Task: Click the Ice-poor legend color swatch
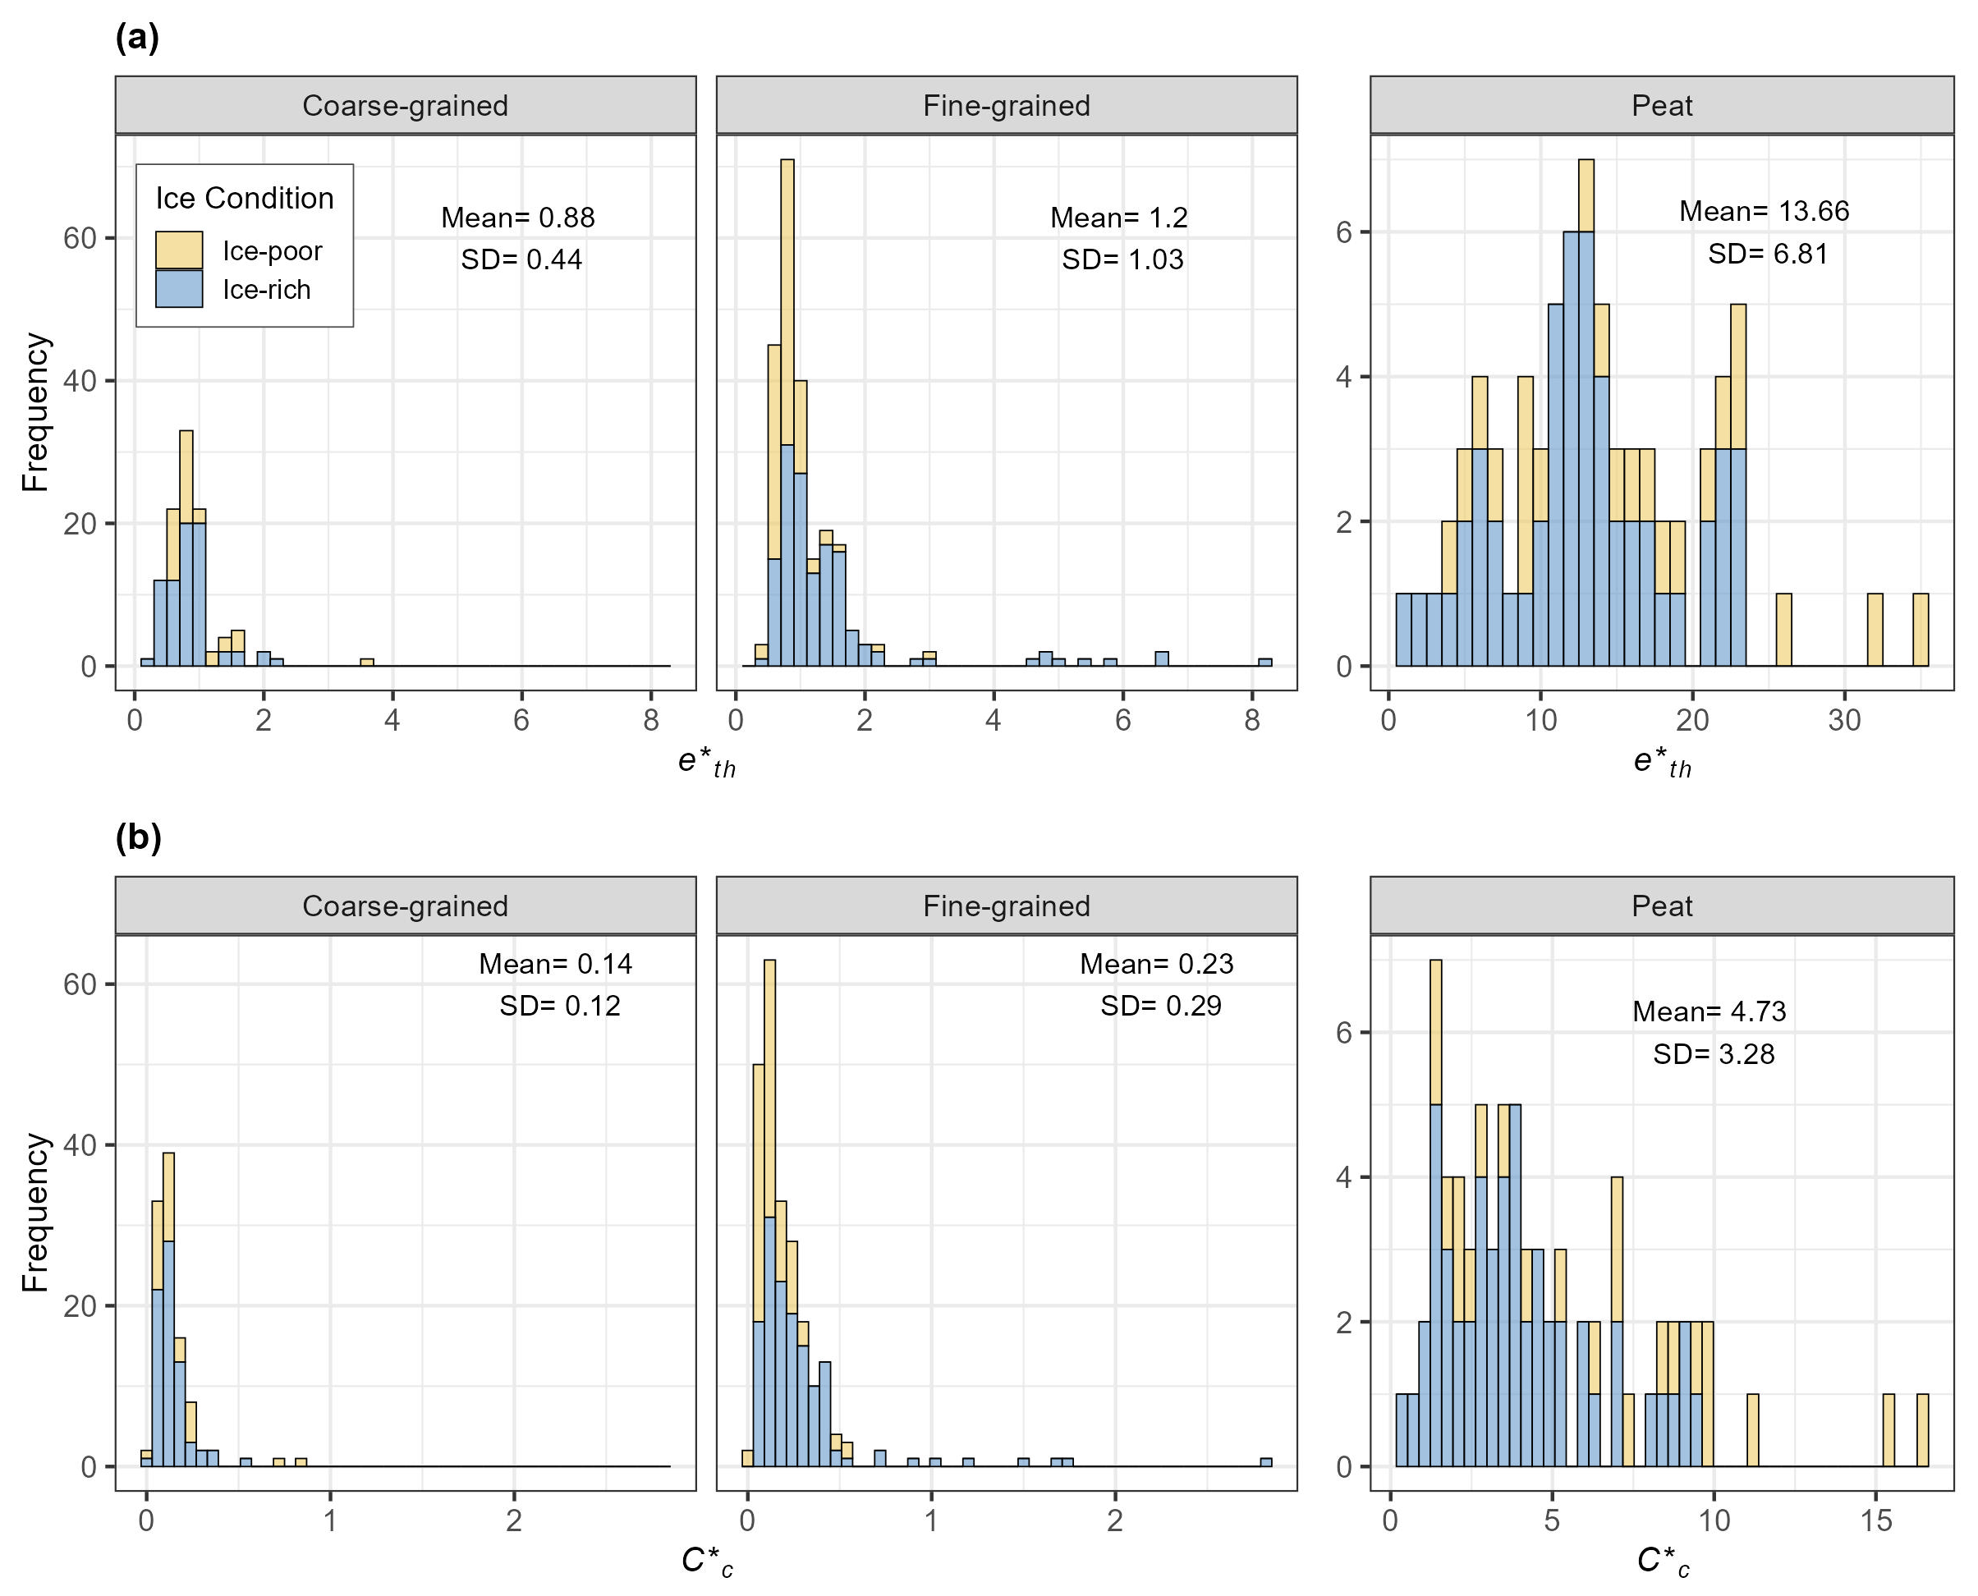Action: point(178,250)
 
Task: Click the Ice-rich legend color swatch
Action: point(178,289)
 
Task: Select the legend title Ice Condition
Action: point(244,199)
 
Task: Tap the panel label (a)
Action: point(137,38)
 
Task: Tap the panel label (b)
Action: point(138,837)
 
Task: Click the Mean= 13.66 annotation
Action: point(1763,212)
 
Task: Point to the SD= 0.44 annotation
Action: point(521,259)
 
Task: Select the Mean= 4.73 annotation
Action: point(1709,1011)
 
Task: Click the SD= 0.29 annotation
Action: point(1160,1005)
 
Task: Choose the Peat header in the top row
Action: point(1661,106)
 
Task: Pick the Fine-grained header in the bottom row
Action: point(1006,906)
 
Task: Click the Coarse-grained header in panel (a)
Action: point(405,106)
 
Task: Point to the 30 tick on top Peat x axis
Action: point(1843,720)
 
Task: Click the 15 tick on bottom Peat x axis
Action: point(1876,1520)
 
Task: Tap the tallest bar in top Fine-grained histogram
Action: point(787,414)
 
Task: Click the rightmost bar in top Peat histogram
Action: point(1920,630)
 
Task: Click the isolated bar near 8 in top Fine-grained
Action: point(1265,662)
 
